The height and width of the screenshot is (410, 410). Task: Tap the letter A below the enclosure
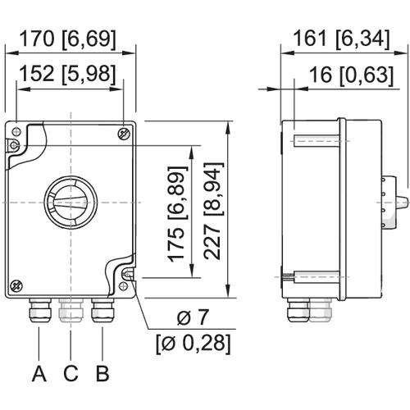pyautogui.click(x=39, y=376)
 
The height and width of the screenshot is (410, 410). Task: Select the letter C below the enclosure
pyautogui.click(x=71, y=376)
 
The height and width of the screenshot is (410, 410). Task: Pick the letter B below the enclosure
pyautogui.click(x=102, y=376)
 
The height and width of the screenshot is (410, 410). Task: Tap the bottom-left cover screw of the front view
pyautogui.click(x=18, y=284)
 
